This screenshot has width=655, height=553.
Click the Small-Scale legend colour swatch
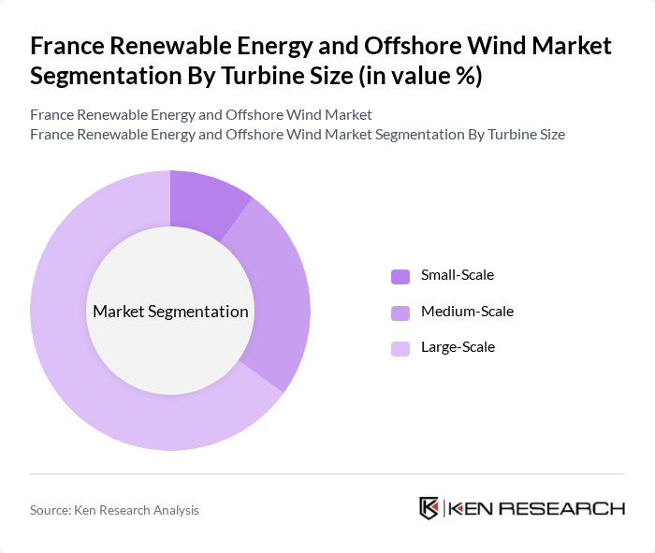(x=400, y=276)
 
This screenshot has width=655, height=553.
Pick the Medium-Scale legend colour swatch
(x=400, y=312)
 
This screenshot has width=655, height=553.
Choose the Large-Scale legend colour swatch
(x=400, y=348)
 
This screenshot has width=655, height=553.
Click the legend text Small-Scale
(x=457, y=275)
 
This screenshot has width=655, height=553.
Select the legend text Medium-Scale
(x=467, y=311)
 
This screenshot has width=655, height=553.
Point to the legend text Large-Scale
(x=458, y=347)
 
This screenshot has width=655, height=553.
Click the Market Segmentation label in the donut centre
(x=170, y=312)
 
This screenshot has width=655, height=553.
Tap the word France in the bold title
(x=66, y=45)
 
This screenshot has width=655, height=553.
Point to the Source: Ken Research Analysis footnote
(x=114, y=510)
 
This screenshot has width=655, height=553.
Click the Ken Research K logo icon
(x=429, y=508)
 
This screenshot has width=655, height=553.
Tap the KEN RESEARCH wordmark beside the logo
(x=537, y=509)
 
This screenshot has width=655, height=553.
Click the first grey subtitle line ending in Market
(x=201, y=114)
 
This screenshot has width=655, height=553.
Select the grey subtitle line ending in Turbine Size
(x=298, y=134)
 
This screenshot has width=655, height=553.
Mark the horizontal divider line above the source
(x=327, y=473)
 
